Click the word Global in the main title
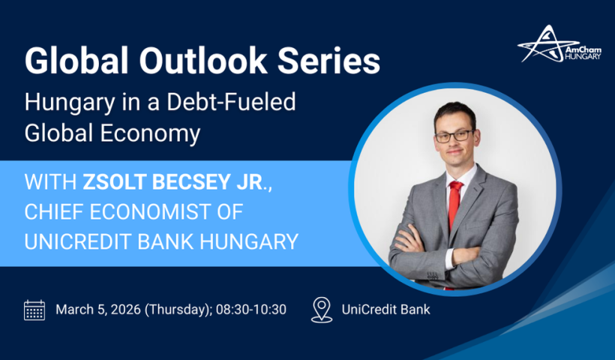pyautogui.click(x=76, y=60)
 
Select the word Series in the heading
pyautogui.click(x=329, y=60)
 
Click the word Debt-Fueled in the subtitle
pyautogui.click(x=232, y=102)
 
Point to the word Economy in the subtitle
pyautogui.click(x=150, y=133)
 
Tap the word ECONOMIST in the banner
pyautogui.click(x=150, y=211)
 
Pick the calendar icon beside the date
pyautogui.click(x=34, y=310)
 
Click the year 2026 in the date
pyautogui.click(x=125, y=310)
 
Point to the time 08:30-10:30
pyautogui.click(x=251, y=310)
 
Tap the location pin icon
pyautogui.click(x=322, y=310)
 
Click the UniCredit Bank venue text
pyautogui.click(x=386, y=310)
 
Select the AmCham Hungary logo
pyautogui.click(x=559, y=44)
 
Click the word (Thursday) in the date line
pyautogui.click(x=178, y=310)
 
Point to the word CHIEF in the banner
pyautogui.click(x=54, y=211)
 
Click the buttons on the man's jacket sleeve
pyautogui.click(x=433, y=277)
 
